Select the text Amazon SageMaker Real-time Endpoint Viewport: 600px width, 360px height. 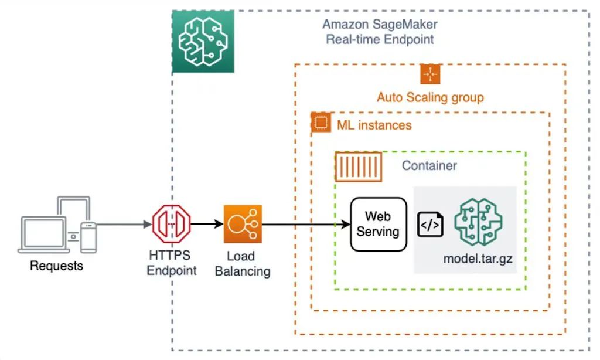380,32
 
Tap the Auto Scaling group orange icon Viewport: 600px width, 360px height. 430,74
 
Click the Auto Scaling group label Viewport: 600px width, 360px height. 430,97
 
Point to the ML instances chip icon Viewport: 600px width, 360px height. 320,123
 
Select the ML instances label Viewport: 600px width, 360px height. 374,125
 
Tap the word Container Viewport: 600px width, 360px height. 429,166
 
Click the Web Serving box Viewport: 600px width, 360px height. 378,225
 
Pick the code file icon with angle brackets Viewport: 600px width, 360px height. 430,225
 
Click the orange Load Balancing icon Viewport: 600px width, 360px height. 243,224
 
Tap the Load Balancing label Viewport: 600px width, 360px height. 243,264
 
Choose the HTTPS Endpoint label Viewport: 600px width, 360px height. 171,263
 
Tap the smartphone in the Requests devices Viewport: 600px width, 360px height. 88,237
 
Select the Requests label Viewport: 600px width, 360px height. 56,266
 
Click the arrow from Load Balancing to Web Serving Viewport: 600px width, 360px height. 305,224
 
